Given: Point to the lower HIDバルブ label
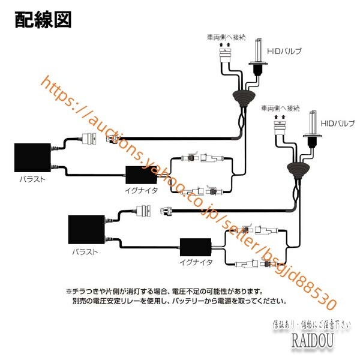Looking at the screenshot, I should tap(338, 122).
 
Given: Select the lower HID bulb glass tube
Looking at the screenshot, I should tap(312, 123).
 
